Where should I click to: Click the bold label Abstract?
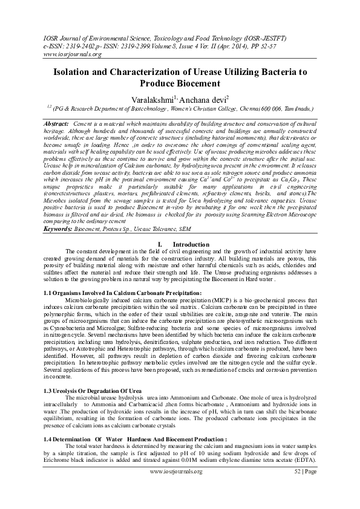[x=56, y=123]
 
